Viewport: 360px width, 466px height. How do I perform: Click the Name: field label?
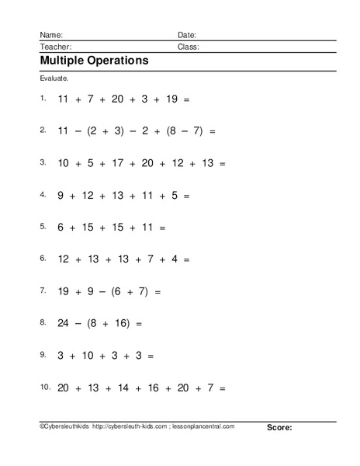[50, 35]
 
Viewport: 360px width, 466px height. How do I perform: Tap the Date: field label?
[187, 35]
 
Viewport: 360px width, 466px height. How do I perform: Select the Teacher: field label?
[55, 47]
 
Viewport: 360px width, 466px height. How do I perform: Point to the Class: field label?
[189, 47]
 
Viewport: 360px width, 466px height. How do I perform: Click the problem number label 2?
[43, 130]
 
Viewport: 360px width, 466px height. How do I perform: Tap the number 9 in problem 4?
[61, 196]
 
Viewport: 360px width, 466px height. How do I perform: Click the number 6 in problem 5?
[61, 228]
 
